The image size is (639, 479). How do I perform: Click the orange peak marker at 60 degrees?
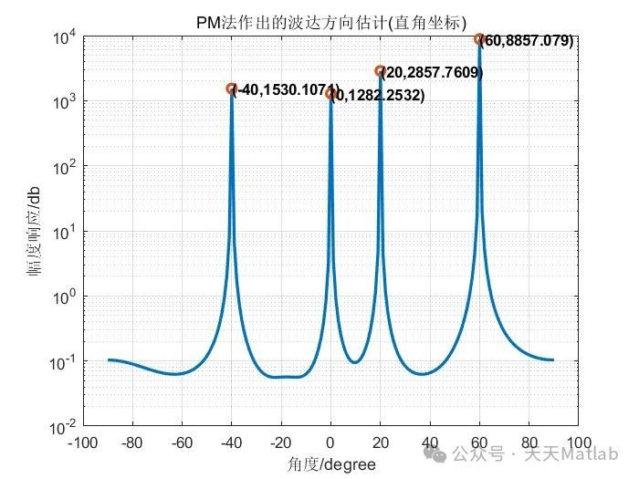[479, 39]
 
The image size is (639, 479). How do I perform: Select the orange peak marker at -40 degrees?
[232, 89]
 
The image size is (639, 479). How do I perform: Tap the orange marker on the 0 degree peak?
[330, 94]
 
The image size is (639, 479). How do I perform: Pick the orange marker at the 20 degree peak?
[380, 70]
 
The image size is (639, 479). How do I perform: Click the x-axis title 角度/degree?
[330, 464]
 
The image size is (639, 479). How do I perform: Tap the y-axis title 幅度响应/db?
[35, 233]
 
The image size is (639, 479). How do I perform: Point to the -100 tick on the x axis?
[83, 443]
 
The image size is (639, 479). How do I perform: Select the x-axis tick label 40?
[430, 443]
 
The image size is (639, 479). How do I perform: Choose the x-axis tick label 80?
[529, 443]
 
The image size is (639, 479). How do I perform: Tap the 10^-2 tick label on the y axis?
[63, 426]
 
